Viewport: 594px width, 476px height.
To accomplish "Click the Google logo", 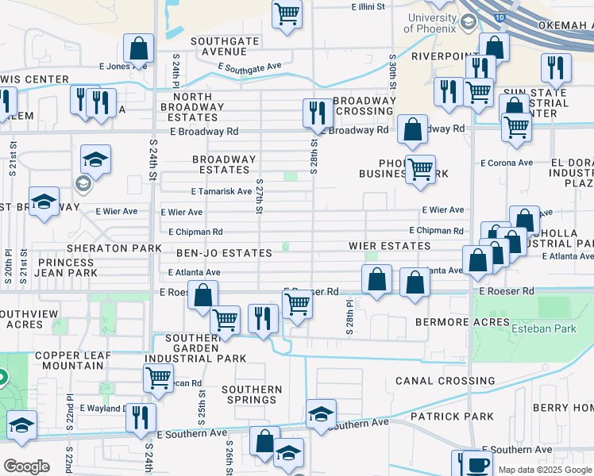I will point(26,466).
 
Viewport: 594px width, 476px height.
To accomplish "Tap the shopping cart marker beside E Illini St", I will point(287,13).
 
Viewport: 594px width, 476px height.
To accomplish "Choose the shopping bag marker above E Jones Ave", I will point(139,48).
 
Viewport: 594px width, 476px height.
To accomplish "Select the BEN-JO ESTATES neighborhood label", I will point(224,253).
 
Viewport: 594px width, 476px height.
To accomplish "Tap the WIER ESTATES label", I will point(389,247).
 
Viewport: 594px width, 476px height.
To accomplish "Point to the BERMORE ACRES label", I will point(461,322).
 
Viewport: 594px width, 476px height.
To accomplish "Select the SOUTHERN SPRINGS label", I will point(252,395).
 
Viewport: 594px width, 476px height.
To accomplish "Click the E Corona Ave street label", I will point(507,163).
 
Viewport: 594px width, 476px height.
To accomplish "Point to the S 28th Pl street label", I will point(349,317).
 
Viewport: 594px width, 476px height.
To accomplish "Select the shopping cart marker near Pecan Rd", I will point(158,378).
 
